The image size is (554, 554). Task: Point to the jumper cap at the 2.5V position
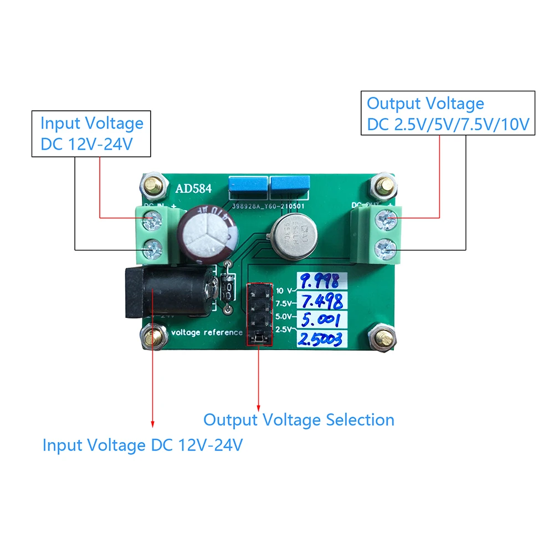point(259,337)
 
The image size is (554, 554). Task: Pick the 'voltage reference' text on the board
point(207,332)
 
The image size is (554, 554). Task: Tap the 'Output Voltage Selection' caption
point(299,419)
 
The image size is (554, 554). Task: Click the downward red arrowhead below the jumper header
point(259,406)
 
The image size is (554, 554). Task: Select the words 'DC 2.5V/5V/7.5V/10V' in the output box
point(448,124)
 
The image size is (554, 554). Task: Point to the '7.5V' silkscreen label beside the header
point(284,304)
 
